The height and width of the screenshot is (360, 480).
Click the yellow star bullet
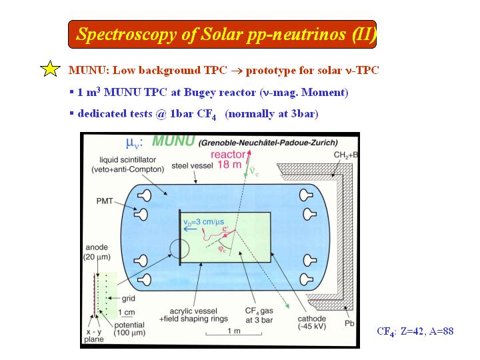(50, 69)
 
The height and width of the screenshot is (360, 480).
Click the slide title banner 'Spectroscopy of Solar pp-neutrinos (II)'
(222, 34)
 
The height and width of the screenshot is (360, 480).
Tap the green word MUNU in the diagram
(173, 141)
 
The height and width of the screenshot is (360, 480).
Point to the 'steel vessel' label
(192, 166)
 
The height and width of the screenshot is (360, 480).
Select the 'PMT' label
(105, 201)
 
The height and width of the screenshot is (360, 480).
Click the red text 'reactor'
(228, 155)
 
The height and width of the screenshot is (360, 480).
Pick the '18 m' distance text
(229, 165)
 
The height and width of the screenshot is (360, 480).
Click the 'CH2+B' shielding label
(345, 155)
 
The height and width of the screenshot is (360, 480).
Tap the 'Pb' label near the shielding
(349, 323)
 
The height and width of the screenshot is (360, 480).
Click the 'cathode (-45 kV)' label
(311, 323)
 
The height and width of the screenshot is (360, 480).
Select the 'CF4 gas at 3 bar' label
(259, 315)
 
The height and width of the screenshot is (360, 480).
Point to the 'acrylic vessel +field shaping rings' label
(193, 315)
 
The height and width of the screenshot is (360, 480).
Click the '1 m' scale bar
(233, 334)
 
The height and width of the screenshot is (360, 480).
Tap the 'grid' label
(128, 298)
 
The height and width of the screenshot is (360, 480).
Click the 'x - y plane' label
(94, 335)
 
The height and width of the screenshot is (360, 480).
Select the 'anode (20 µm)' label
(97, 252)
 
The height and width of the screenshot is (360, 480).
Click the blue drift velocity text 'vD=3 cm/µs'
(203, 222)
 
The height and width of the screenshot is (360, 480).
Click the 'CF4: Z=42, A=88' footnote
(415, 331)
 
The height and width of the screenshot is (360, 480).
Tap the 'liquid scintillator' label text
(127, 159)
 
